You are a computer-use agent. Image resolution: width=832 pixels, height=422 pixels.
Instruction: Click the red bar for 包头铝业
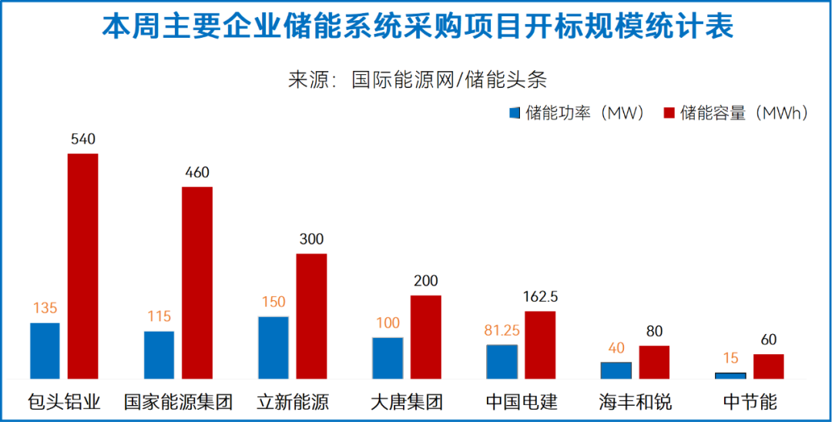[83, 266]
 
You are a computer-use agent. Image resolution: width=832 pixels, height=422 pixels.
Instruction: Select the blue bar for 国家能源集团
[159, 355]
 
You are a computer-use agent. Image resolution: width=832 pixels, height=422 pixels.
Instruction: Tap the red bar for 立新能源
[311, 316]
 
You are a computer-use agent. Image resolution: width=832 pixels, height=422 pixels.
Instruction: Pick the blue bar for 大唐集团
[387, 358]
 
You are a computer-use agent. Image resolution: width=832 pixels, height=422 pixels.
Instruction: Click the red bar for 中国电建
[540, 345]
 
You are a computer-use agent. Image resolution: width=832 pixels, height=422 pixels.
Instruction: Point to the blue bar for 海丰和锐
[616, 370]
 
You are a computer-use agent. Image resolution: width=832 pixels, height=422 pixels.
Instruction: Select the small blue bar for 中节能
[730, 375]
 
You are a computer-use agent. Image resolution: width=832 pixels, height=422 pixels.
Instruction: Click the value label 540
[82, 140]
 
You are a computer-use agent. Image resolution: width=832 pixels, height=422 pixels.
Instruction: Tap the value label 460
[197, 173]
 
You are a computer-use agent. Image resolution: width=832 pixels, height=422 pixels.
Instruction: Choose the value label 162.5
[540, 296]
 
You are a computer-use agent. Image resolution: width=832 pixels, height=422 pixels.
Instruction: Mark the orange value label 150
[273, 302]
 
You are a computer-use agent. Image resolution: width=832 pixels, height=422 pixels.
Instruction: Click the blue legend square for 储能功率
[515, 113]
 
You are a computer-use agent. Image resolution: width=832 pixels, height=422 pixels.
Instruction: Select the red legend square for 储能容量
[669, 113]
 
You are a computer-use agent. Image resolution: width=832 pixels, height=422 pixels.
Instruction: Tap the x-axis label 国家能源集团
[179, 402]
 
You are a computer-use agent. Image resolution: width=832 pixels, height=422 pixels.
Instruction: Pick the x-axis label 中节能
[750, 402]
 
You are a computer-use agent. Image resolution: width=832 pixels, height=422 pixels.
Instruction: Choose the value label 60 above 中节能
[768, 339]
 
